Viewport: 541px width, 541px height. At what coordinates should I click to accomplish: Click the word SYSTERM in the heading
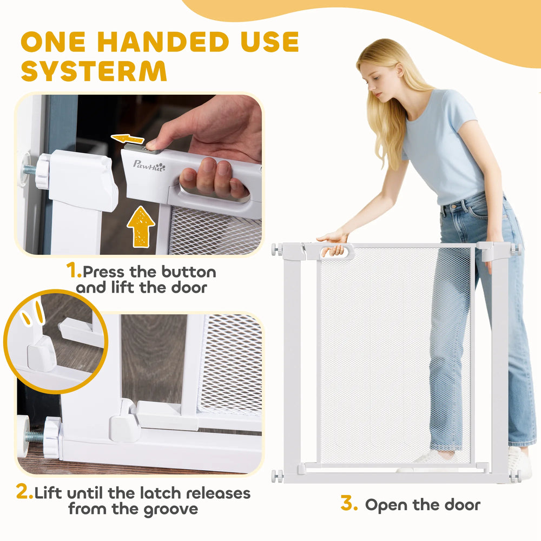[x=94, y=71]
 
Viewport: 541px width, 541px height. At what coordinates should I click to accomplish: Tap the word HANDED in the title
[x=163, y=42]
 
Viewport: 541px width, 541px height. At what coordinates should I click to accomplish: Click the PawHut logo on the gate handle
[x=149, y=165]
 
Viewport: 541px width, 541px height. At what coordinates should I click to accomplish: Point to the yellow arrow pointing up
[x=141, y=226]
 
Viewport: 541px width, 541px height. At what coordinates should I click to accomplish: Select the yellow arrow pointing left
[x=127, y=138]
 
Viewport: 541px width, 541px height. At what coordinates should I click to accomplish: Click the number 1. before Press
[x=74, y=270]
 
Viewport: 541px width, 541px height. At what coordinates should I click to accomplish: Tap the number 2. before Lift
[x=24, y=491]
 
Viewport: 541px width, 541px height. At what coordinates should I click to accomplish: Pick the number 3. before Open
[x=349, y=503]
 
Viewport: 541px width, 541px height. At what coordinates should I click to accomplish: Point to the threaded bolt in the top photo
[x=30, y=170]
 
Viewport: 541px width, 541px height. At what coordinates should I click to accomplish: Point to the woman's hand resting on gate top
[x=333, y=237]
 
